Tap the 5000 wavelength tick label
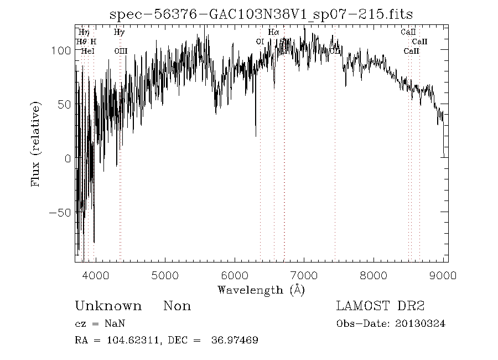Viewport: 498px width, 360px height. (x=164, y=275)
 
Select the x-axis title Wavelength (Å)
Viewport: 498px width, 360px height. (x=261, y=290)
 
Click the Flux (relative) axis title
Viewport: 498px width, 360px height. (x=37, y=144)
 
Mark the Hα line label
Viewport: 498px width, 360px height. (x=273, y=33)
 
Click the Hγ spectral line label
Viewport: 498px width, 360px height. (x=119, y=33)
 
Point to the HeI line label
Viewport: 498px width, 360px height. (x=87, y=51)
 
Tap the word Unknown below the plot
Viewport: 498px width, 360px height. (x=108, y=306)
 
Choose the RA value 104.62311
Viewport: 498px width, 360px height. (x=127, y=340)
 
